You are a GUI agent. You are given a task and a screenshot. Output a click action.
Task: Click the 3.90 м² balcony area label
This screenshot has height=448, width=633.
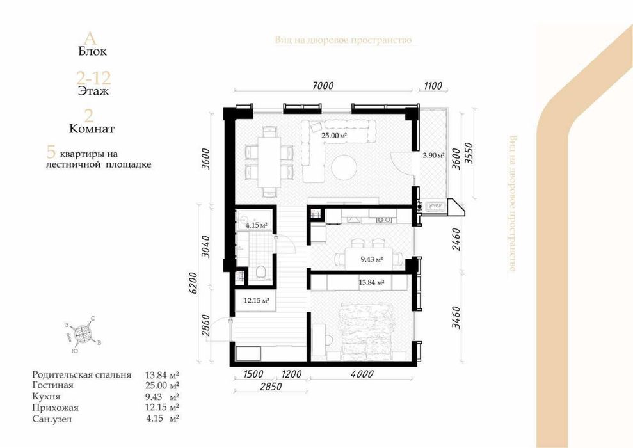[433, 155]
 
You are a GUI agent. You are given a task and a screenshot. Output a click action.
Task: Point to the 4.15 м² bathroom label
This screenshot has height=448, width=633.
[256, 225]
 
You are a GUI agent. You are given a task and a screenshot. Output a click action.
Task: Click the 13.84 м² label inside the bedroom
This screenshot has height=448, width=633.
[371, 282]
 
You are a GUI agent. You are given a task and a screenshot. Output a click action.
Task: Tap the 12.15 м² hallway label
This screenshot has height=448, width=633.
[255, 300]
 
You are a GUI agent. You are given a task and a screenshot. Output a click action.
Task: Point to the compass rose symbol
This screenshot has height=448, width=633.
[83, 334]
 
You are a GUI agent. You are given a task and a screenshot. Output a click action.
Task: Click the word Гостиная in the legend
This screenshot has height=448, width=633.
[52, 385]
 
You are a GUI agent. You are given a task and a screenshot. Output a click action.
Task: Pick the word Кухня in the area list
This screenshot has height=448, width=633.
[47, 396]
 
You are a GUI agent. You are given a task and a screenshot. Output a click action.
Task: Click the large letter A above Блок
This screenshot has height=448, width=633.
[93, 35]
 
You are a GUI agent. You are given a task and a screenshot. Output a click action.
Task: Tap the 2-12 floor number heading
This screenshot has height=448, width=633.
[93, 79]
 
